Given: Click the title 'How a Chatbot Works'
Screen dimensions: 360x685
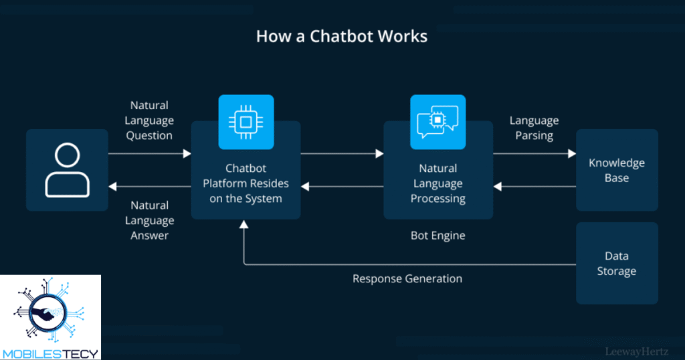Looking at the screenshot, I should tap(342, 35).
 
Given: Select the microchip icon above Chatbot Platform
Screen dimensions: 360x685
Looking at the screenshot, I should tap(246, 122).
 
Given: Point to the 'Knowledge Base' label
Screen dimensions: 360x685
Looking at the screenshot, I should tap(616, 171).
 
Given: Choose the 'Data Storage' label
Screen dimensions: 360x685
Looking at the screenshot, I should tap(616, 264).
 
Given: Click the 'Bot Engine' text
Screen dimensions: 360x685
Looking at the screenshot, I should tap(437, 236).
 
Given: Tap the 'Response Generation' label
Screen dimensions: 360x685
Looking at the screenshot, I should tap(407, 278).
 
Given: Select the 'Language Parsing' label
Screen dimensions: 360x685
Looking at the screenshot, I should tap(534, 128).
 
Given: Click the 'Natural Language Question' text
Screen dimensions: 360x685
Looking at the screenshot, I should tap(149, 120).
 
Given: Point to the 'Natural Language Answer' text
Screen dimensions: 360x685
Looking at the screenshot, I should tap(149, 220).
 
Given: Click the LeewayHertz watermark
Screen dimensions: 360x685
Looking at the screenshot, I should tap(635, 351).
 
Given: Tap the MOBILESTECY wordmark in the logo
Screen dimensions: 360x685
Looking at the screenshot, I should tap(50, 353).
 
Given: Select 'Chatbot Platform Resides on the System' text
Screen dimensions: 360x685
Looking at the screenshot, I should tap(246, 183).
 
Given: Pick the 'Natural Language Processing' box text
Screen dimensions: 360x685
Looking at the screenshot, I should tap(437, 183).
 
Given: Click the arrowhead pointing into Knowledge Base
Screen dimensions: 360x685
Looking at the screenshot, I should tap(572, 154).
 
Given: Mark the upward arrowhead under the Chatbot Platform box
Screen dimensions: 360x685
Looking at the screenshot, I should tap(244, 226).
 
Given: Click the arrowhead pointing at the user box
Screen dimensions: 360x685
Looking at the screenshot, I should tap(113, 187).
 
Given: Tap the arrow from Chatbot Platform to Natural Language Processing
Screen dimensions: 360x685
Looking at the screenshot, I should tap(341, 154).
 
